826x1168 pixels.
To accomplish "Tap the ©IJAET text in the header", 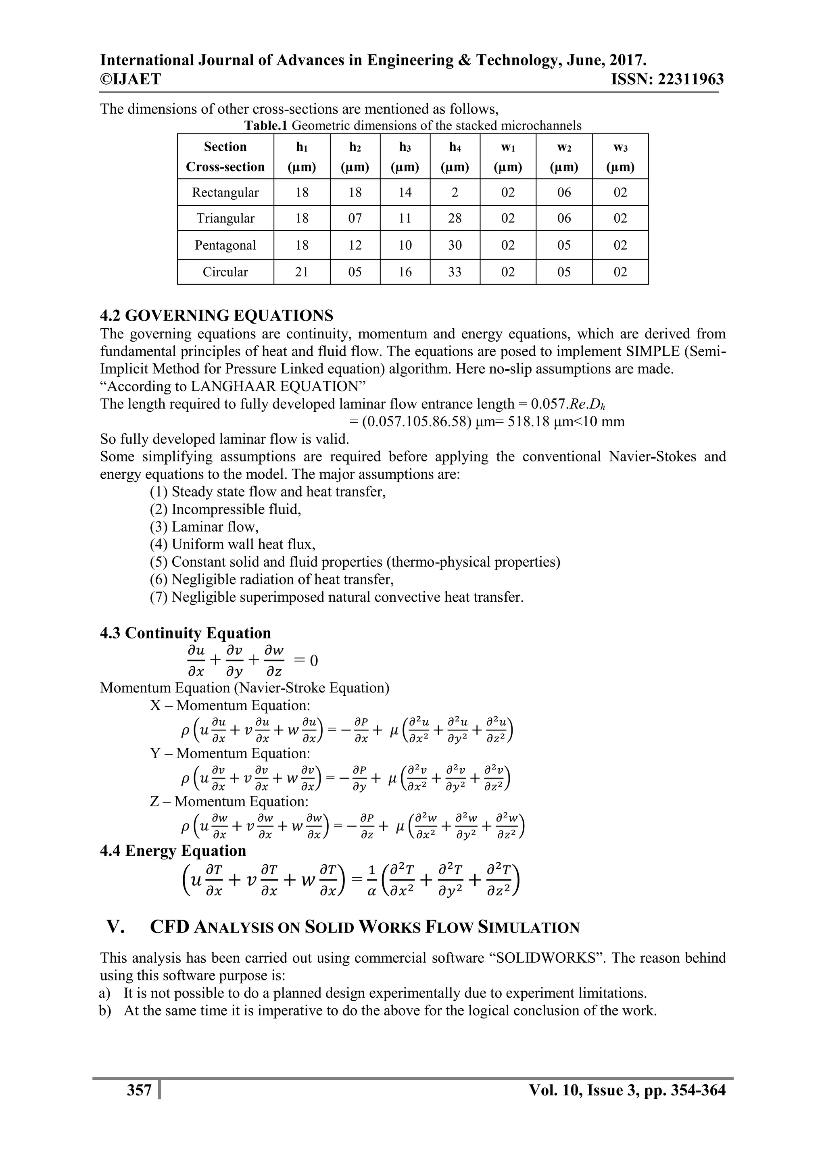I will pyautogui.click(x=130, y=79).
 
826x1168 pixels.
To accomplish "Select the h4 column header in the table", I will pyautogui.click(x=455, y=156).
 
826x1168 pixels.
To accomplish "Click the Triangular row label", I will pyautogui.click(x=225, y=218).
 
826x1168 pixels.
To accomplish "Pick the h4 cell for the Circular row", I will pyautogui.click(x=455, y=272).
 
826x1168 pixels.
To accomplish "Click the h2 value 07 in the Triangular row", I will pyautogui.click(x=355, y=218).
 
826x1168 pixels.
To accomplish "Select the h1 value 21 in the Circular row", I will pyautogui.click(x=302, y=272).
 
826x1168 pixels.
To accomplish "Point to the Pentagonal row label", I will pyautogui.click(x=225, y=245).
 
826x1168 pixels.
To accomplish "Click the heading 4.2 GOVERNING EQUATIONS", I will pyautogui.click(x=217, y=315).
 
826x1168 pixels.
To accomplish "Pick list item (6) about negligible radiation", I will pyautogui.click(x=271, y=580).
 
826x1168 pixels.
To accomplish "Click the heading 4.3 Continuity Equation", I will pyautogui.click(x=185, y=633).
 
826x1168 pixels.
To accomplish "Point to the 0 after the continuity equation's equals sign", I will pyautogui.click(x=314, y=661).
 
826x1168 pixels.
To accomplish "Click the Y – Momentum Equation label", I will pyautogui.click(x=230, y=753).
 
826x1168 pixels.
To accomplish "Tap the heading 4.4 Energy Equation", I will pyautogui.click(x=173, y=851).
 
